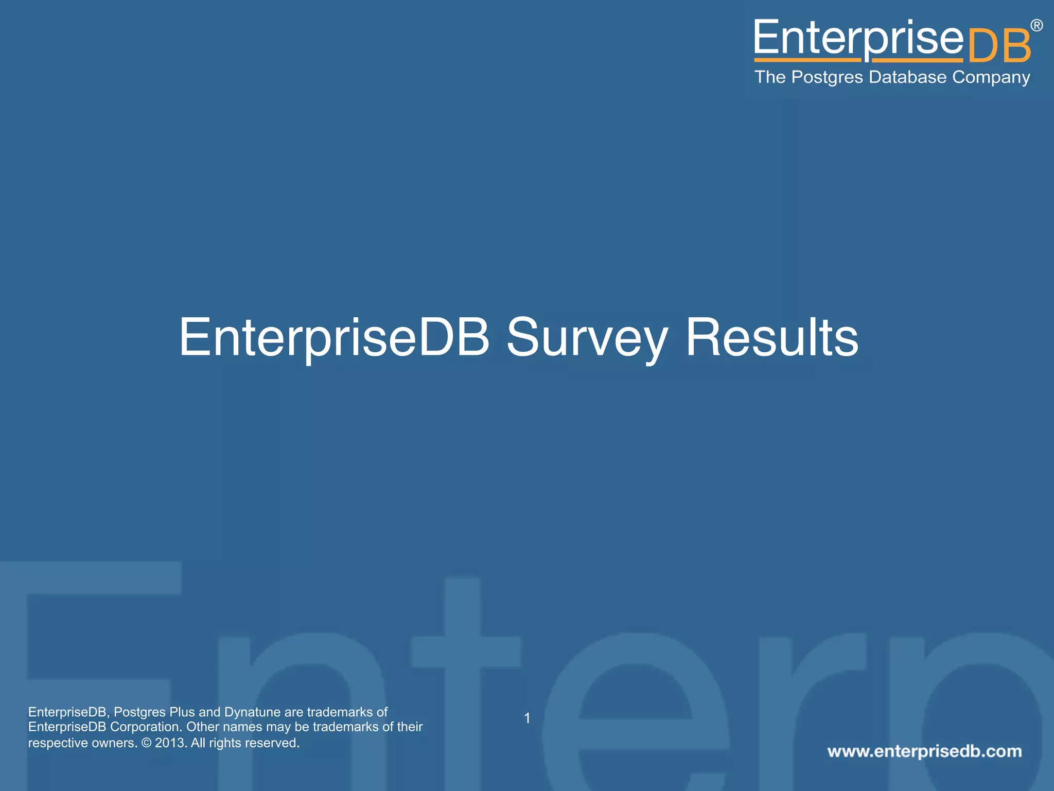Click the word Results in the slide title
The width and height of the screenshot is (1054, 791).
(x=772, y=337)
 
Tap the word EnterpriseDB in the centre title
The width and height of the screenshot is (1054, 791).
(x=334, y=337)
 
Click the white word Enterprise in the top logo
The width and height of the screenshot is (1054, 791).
(x=858, y=39)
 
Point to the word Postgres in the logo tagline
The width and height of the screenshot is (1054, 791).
(x=827, y=77)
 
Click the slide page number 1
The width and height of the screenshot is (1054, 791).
(x=527, y=718)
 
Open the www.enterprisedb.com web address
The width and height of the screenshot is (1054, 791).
(x=924, y=751)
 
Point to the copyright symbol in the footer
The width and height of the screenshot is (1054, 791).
(x=146, y=743)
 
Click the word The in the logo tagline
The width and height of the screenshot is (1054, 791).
(x=770, y=77)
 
